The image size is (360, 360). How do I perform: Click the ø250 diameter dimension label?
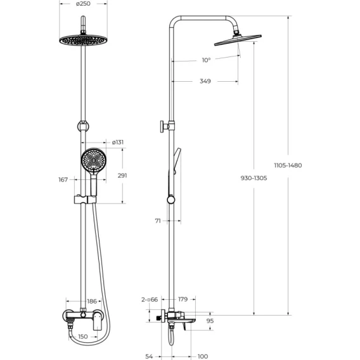tap(83, 4)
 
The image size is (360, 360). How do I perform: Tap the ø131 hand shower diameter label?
tap(118, 143)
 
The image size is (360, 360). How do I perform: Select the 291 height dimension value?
tap(122, 176)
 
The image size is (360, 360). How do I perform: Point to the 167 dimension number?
tap(63, 179)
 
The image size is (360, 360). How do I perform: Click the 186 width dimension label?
tap(92, 301)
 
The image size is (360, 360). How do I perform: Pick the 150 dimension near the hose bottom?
tap(83, 337)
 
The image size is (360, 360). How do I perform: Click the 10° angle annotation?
tap(206, 60)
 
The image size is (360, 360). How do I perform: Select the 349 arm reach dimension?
tap(205, 81)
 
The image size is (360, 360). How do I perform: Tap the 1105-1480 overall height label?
tap(288, 165)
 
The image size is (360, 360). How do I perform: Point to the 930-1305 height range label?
tap(254, 178)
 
